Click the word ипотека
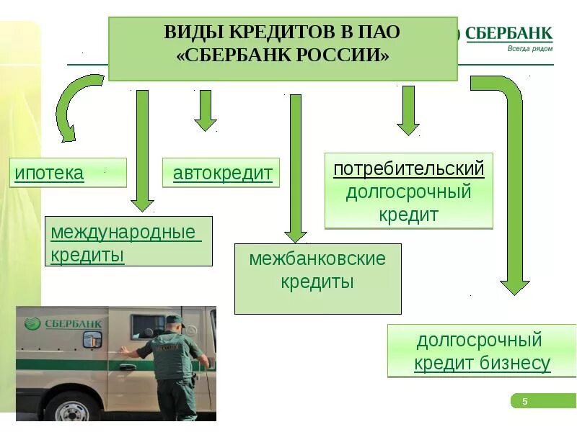tap(50, 173)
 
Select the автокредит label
tap(223, 174)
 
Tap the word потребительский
tap(408, 170)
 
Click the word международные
tap(123, 233)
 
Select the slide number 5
tap(525, 401)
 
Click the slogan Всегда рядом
tap(529, 48)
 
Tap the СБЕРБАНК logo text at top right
tap(509, 33)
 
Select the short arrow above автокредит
tap(206, 110)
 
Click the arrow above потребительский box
tap(408, 110)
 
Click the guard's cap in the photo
tap(175, 320)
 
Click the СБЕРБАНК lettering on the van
tap(71, 324)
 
